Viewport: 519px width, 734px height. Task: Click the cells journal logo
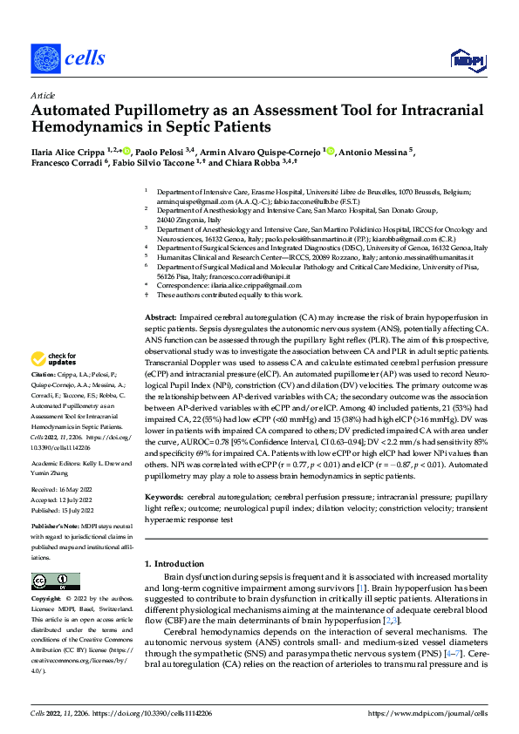[x=69, y=58]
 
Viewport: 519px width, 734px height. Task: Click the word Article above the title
[x=42, y=94]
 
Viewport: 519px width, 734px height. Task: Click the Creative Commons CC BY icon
[x=51, y=581]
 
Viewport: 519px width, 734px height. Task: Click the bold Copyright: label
[x=47, y=600]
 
